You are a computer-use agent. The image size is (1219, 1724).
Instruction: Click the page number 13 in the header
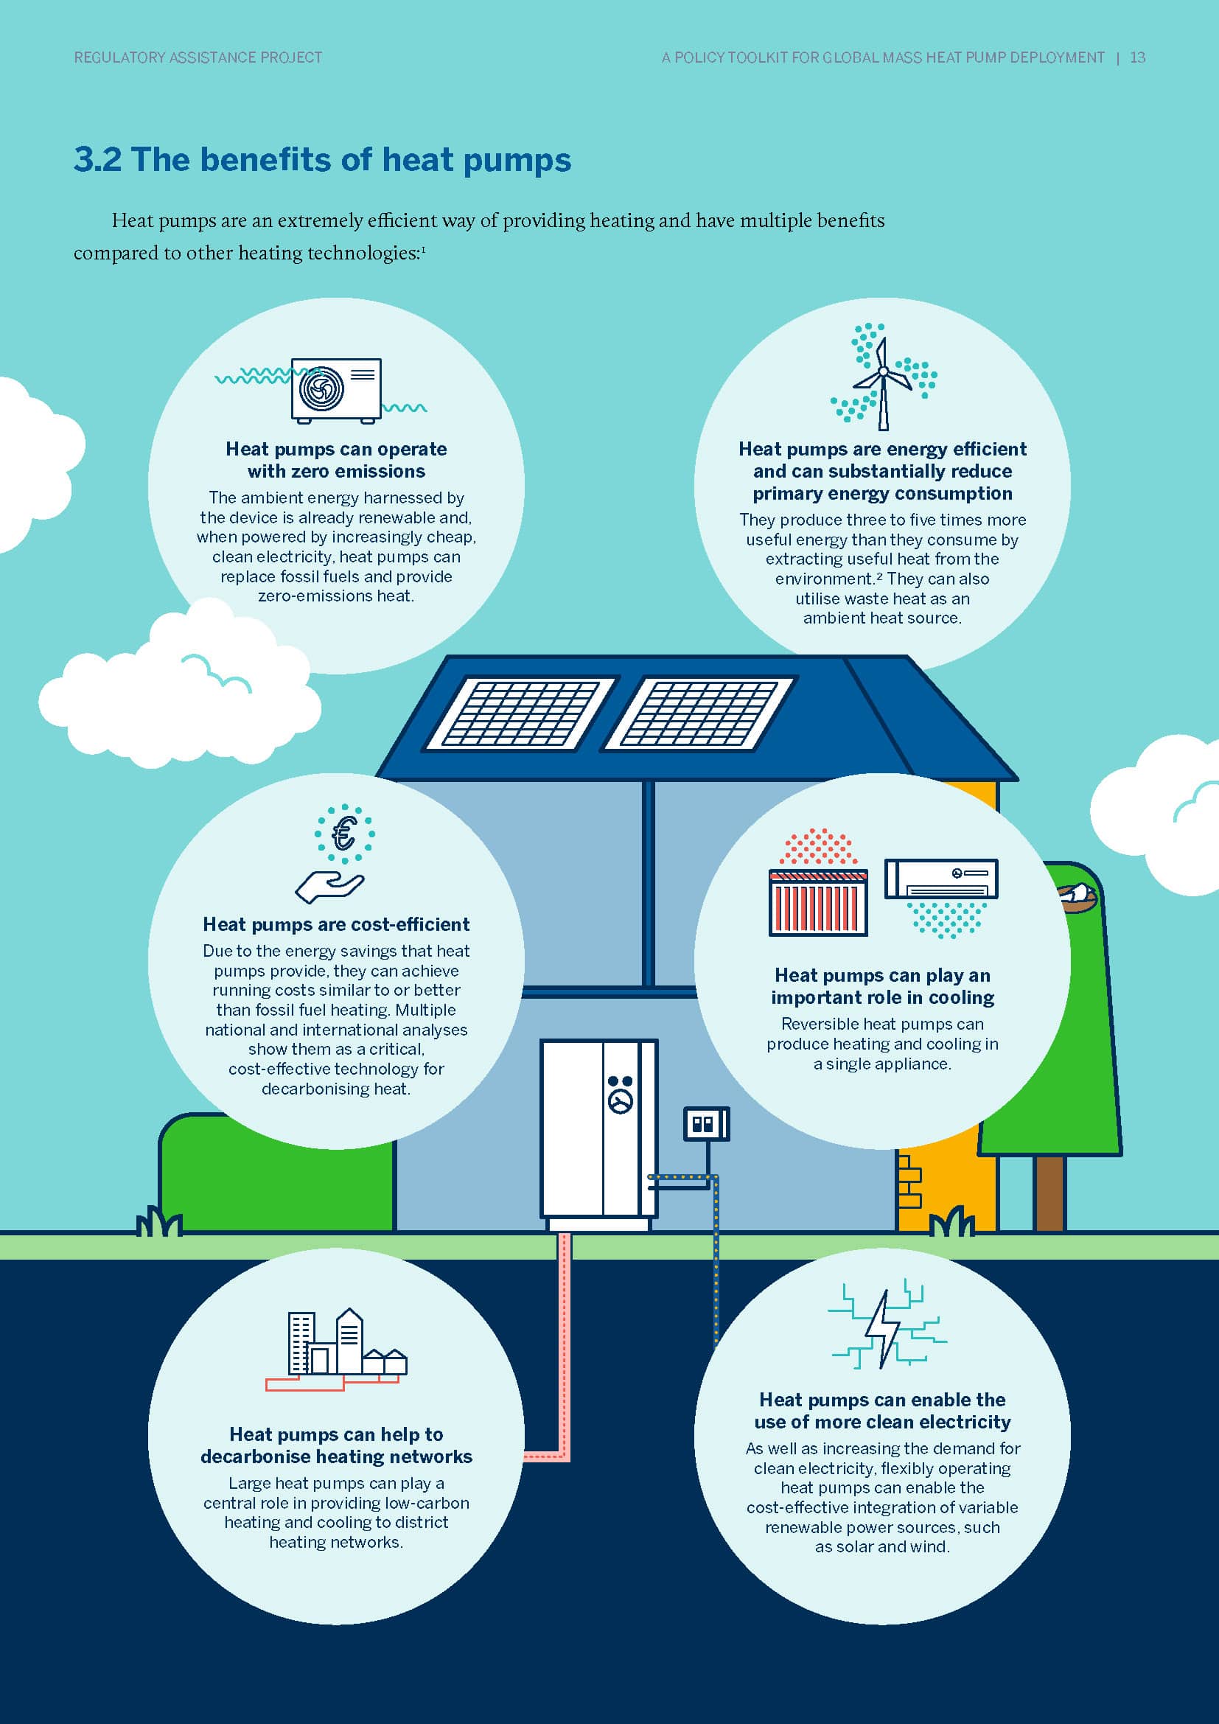click(1137, 57)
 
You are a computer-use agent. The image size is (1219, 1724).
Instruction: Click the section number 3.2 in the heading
click(97, 160)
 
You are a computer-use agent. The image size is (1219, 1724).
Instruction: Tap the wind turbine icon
click(884, 383)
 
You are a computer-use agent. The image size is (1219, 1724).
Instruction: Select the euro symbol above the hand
click(344, 834)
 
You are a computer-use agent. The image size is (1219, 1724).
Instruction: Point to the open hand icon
click(329, 887)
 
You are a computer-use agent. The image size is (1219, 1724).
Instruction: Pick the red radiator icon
click(818, 901)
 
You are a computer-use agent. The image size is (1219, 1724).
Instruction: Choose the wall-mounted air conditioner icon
click(941, 879)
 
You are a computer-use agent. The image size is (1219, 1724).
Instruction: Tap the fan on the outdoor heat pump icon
click(321, 389)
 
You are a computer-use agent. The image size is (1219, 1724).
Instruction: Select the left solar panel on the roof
click(520, 714)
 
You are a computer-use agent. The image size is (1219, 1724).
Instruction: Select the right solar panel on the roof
click(698, 714)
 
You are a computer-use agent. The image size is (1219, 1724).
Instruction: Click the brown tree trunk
click(1049, 1193)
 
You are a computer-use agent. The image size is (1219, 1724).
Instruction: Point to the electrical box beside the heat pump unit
click(706, 1124)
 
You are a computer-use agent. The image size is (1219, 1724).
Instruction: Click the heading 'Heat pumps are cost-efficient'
click(336, 924)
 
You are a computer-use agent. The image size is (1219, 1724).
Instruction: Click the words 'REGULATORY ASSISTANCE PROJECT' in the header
click(198, 57)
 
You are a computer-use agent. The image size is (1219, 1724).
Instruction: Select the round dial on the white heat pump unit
click(621, 1101)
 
